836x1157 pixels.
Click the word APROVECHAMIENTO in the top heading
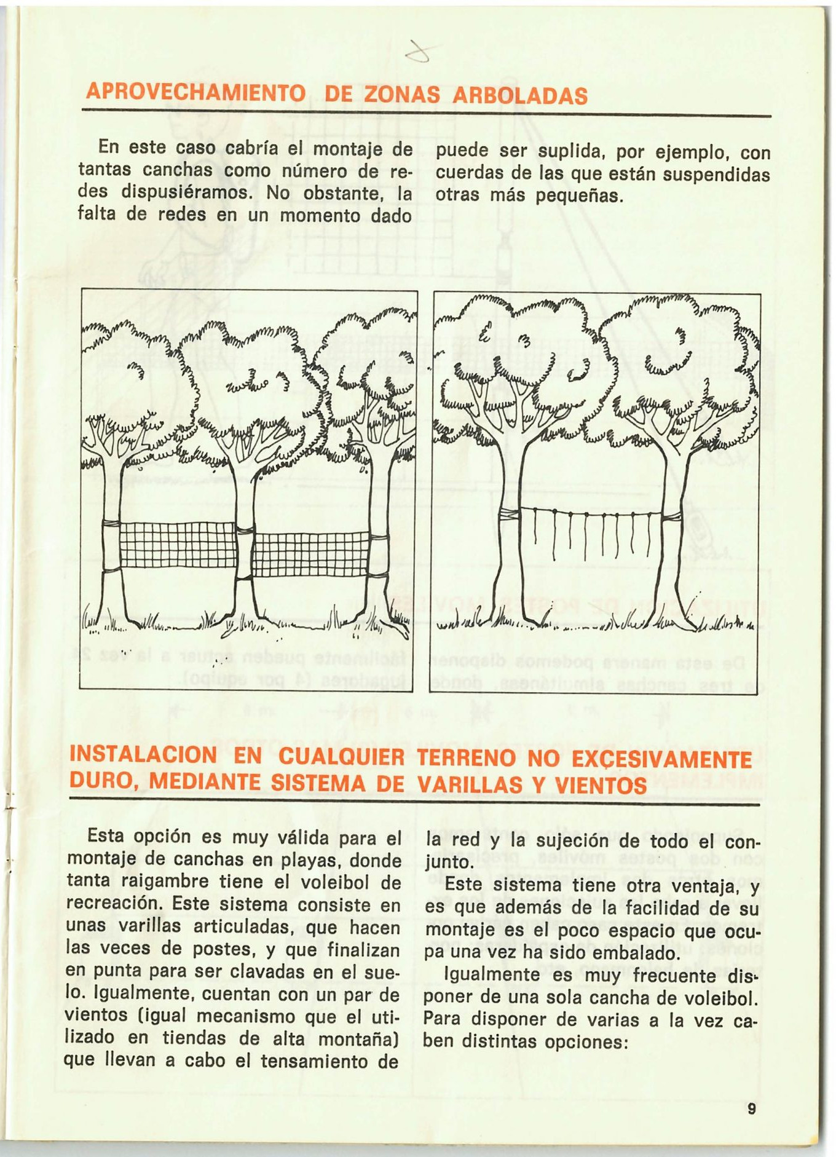pos(195,93)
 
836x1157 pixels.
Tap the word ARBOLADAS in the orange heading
pos(520,96)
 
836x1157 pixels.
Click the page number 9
pos(751,1108)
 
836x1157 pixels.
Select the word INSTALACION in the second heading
pos(143,755)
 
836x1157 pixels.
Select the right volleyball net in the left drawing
pos(311,555)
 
